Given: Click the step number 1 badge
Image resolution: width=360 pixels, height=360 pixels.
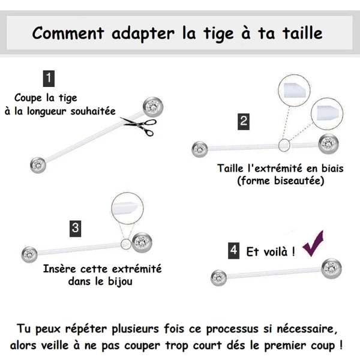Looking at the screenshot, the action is pyautogui.click(x=49, y=79).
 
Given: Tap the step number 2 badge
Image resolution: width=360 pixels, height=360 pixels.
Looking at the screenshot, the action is pyautogui.click(x=244, y=121).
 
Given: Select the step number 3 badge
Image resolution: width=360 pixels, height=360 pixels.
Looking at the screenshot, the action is pyautogui.click(x=76, y=229).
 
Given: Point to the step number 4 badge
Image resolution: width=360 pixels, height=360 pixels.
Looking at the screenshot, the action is pyautogui.click(x=234, y=251).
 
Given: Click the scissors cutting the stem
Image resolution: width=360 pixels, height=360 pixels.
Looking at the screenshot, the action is pyautogui.click(x=139, y=125).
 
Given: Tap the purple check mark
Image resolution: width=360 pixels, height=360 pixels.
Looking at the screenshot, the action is pyautogui.click(x=313, y=244).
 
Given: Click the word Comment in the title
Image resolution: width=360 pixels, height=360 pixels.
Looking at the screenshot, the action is pyautogui.click(x=68, y=33).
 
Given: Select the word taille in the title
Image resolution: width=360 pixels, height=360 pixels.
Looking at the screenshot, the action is pyautogui.click(x=302, y=33).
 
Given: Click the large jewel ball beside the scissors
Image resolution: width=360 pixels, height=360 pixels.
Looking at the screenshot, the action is pyautogui.click(x=153, y=107).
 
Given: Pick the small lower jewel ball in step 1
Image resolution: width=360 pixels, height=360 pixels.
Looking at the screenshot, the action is pyautogui.click(x=38, y=166).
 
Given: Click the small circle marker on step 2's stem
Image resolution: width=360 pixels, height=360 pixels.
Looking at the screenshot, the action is pyautogui.click(x=284, y=145).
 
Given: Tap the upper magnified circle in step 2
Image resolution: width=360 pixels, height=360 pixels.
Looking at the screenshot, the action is pyautogui.click(x=294, y=91).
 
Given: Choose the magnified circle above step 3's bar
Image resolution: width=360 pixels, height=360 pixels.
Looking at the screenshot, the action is pyautogui.click(x=127, y=208).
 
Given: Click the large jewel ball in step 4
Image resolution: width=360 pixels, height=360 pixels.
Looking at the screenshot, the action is pyautogui.click(x=332, y=269).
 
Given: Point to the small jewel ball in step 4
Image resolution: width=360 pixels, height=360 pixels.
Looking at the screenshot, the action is pyautogui.click(x=219, y=278).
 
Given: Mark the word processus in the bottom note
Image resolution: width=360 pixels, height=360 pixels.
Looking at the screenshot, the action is pyautogui.click(x=232, y=329).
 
